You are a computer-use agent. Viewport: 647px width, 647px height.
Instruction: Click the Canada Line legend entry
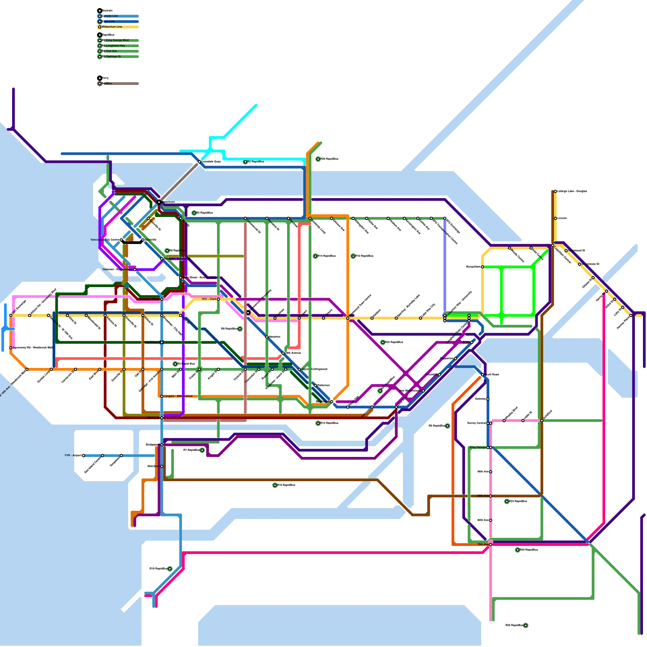pos(110,16)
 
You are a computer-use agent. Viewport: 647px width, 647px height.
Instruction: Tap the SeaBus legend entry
pos(107,83)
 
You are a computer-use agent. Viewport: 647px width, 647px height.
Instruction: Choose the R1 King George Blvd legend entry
pos(115,40)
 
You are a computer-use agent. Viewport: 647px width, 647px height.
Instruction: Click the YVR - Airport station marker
pos(84,456)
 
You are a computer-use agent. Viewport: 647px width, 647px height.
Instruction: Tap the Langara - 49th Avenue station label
pos(178,396)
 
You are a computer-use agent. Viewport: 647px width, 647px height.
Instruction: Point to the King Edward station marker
pos(162,343)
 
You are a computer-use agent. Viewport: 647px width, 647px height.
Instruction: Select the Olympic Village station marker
pos(162,299)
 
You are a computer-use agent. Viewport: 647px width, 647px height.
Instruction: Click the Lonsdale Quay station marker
pos(199,162)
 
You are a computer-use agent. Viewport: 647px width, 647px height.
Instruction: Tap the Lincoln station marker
pos(556,218)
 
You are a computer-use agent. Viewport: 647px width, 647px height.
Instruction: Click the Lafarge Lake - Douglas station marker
pos(556,191)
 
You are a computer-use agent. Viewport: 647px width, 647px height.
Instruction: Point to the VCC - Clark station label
pos(209,299)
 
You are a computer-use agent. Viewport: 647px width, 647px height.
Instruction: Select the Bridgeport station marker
pos(162,445)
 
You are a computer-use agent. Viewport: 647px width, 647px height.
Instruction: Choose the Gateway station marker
pos(488,399)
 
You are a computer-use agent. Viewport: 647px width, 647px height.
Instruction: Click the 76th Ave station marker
pos(491,545)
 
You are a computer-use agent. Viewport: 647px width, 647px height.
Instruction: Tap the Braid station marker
pos(472,343)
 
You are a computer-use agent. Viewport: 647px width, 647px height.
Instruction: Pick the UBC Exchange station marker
pos(11,315)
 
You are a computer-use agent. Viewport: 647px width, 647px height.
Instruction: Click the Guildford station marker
pos(542,421)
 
